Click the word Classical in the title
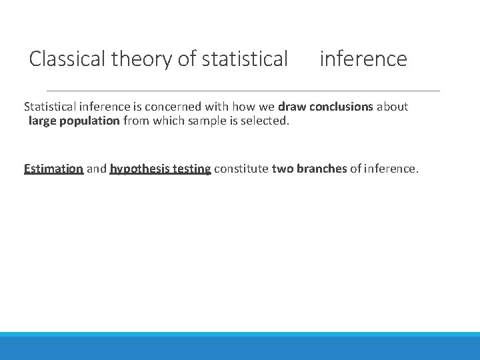click(x=68, y=59)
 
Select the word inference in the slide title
click(x=363, y=59)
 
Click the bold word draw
click(x=291, y=107)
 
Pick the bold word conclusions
click(x=342, y=107)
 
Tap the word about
click(x=394, y=107)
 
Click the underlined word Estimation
click(x=53, y=169)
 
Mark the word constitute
click(x=241, y=169)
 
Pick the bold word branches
click(x=321, y=169)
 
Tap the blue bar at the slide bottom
click(x=240, y=347)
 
